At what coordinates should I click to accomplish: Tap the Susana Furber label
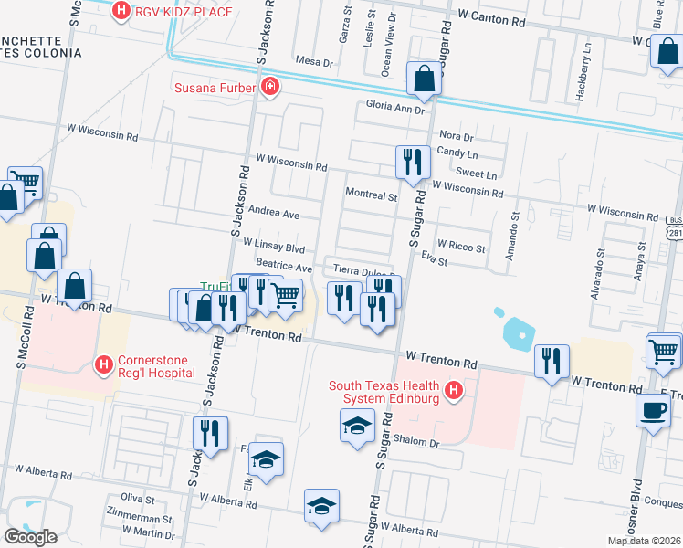(216, 88)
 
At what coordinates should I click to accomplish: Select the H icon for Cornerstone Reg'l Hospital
(104, 365)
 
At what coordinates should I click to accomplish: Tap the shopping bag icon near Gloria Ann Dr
(425, 79)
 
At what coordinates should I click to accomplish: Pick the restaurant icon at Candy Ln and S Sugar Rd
(412, 162)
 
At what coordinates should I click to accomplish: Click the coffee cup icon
(652, 410)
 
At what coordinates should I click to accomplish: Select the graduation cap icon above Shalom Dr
(357, 425)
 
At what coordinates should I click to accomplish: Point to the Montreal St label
(372, 195)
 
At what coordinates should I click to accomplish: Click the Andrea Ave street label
(274, 214)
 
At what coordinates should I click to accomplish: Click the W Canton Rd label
(493, 17)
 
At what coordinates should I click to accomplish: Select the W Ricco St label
(461, 245)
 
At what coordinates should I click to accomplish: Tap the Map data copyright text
(645, 541)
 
